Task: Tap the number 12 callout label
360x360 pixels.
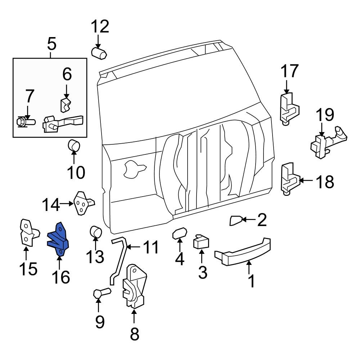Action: tap(99, 27)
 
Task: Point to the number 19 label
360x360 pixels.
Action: tap(325, 116)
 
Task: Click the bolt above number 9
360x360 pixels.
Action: tap(101, 294)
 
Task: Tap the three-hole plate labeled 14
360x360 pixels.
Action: tap(82, 203)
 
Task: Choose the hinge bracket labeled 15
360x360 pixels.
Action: tap(27, 233)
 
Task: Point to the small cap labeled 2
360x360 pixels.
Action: tap(236, 220)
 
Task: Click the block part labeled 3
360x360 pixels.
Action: tap(202, 242)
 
